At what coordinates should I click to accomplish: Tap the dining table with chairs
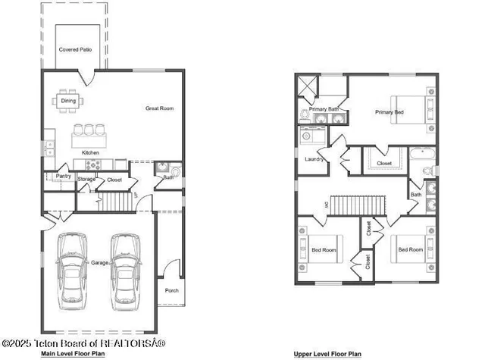coord(67,100)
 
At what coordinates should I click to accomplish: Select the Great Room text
coord(159,108)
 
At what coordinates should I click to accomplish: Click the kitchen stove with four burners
coord(92,164)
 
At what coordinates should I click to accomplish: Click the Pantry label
coord(63,176)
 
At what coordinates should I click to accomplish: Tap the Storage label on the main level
coord(86,179)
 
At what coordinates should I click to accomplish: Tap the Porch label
coord(171,290)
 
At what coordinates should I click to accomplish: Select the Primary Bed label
coord(389,112)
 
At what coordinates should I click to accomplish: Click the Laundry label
coord(314,159)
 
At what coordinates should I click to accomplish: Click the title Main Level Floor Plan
coord(72,353)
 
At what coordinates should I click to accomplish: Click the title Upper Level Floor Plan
coord(327,354)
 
